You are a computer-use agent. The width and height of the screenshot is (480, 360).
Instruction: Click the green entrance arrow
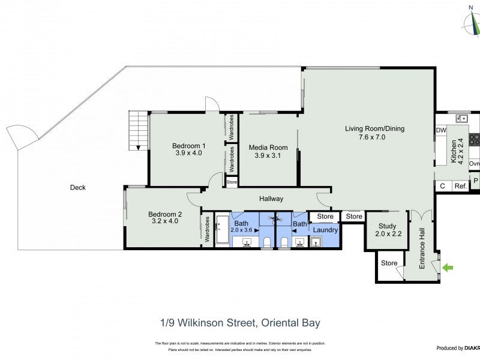point(448,268)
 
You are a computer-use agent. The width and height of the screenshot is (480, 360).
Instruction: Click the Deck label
point(77,188)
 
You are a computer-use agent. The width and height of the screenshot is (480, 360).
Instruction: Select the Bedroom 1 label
point(189,145)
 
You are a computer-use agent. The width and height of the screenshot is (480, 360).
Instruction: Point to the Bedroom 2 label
point(165,214)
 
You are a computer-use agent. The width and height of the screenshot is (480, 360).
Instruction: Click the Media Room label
point(268,148)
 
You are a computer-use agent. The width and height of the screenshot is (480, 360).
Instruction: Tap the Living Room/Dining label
point(374,128)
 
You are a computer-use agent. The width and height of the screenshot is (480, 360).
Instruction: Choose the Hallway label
point(271,199)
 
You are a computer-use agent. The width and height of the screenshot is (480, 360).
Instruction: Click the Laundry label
point(325,230)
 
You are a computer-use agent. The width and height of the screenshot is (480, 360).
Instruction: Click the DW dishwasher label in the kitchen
point(441,130)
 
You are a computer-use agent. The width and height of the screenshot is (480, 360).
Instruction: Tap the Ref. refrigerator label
point(460,187)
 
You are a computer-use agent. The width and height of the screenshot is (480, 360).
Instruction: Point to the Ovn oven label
point(474,164)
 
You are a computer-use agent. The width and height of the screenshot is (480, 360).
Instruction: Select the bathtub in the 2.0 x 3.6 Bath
point(222,230)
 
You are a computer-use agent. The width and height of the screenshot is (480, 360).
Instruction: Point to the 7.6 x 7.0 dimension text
point(373,137)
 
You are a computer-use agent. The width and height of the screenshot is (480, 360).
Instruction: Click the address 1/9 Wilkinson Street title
point(240,323)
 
